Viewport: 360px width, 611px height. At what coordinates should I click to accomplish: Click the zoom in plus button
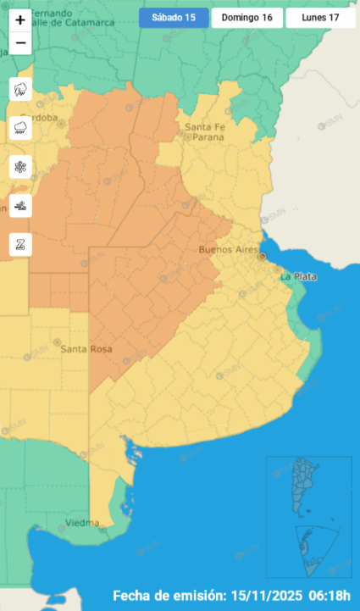(20, 19)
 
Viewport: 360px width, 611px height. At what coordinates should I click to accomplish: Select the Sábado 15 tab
(174, 18)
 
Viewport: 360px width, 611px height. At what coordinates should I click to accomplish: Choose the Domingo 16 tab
(246, 18)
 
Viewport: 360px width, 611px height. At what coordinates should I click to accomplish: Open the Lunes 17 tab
(320, 18)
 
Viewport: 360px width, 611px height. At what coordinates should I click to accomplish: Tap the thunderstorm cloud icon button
(20, 89)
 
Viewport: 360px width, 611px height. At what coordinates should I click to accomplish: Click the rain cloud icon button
(20, 128)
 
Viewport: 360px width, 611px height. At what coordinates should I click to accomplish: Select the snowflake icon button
(20, 167)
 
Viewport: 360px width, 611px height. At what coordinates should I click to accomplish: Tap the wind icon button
(20, 206)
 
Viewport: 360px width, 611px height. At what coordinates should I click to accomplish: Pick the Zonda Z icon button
(20, 245)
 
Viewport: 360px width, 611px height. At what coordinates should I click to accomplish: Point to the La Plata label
(297, 276)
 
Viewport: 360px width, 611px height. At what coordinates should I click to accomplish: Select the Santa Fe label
(203, 127)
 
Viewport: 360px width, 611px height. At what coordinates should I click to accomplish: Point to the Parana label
(207, 136)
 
